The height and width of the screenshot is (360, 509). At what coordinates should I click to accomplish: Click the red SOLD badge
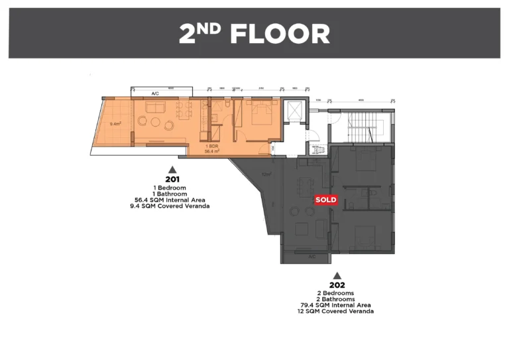(x=325, y=200)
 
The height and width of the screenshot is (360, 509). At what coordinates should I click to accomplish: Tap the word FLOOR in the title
(x=280, y=34)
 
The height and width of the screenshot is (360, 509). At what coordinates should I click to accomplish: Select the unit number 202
(x=337, y=285)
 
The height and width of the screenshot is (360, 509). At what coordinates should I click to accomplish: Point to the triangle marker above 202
(x=337, y=275)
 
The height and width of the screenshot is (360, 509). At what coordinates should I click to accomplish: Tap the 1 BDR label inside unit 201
(x=212, y=146)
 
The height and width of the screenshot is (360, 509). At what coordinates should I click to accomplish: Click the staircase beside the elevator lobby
(x=367, y=126)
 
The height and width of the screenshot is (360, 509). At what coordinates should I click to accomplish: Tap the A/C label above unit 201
(x=155, y=94)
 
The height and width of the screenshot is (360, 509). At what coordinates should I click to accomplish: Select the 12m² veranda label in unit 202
(x=267, y=174)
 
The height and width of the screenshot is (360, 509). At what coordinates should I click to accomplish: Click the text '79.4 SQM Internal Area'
(x=337, y=305)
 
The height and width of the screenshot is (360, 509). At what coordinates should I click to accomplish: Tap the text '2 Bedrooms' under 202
(x=337, y=293)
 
